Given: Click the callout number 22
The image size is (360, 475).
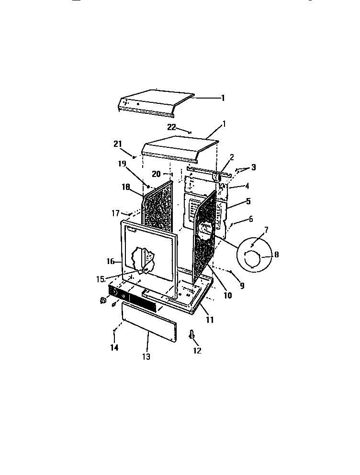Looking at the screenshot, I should pos(171,127).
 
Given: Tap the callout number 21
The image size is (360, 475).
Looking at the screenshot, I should pos(118,144).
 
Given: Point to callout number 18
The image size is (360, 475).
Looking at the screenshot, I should pos(125,187).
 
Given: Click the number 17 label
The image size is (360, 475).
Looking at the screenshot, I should pos(115,213).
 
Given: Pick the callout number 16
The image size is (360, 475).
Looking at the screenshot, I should pos(111,261).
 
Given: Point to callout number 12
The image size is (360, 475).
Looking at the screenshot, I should pos(197,351).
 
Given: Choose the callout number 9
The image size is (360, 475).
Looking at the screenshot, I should pos(242,286).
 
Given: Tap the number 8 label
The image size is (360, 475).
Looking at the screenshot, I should pos(276,255).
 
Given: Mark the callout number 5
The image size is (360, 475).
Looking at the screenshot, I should pos(248,201).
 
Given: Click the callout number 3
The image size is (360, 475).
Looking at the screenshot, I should pos(253,167).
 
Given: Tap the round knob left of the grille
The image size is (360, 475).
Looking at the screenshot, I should pos(102,300).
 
